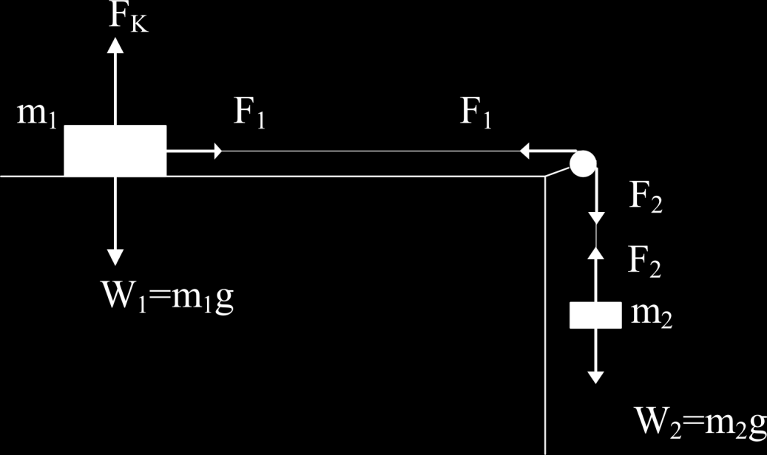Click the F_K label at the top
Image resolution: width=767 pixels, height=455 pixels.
tap(128, 18)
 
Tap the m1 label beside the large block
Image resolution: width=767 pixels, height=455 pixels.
tap(37, 114)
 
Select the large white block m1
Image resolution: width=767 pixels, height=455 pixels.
tap(115, 151)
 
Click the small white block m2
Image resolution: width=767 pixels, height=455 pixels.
tap(596, 315)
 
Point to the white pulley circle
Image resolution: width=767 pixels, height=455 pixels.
tap(583, 163)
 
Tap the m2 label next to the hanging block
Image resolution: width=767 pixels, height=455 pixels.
tap(652, 315)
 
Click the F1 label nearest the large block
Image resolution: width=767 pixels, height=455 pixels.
tap(249, 113)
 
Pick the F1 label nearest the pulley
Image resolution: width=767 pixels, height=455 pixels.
tap(476, 113)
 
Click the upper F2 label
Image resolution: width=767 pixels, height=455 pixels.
tap(646, 197)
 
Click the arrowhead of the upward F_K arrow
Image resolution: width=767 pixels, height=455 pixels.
tap(115, 45)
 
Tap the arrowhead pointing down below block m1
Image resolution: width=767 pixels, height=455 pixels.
tap(115, 258)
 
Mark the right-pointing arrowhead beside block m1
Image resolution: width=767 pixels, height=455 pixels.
tap(218, 151)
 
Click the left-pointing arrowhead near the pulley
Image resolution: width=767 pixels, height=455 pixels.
tap(524, 151)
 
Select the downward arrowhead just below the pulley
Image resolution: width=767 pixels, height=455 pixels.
tap(596, 218)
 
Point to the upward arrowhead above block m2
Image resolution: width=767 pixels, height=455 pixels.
tap(596, 253)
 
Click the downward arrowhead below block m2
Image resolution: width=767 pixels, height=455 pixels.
tap(596, 377)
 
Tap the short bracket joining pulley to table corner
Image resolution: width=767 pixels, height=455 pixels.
tap(558, 172)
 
